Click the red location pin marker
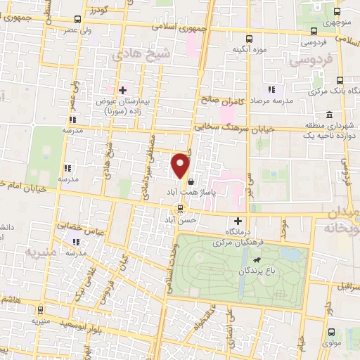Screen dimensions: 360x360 tap(181, 166)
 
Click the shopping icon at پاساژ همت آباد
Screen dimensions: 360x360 tap(192, 181)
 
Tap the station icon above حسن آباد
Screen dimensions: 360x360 tap(181, 208)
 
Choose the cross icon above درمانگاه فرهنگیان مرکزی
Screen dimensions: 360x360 tap(237, 221)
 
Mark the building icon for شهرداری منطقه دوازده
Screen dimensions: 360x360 tap(328, 115)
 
